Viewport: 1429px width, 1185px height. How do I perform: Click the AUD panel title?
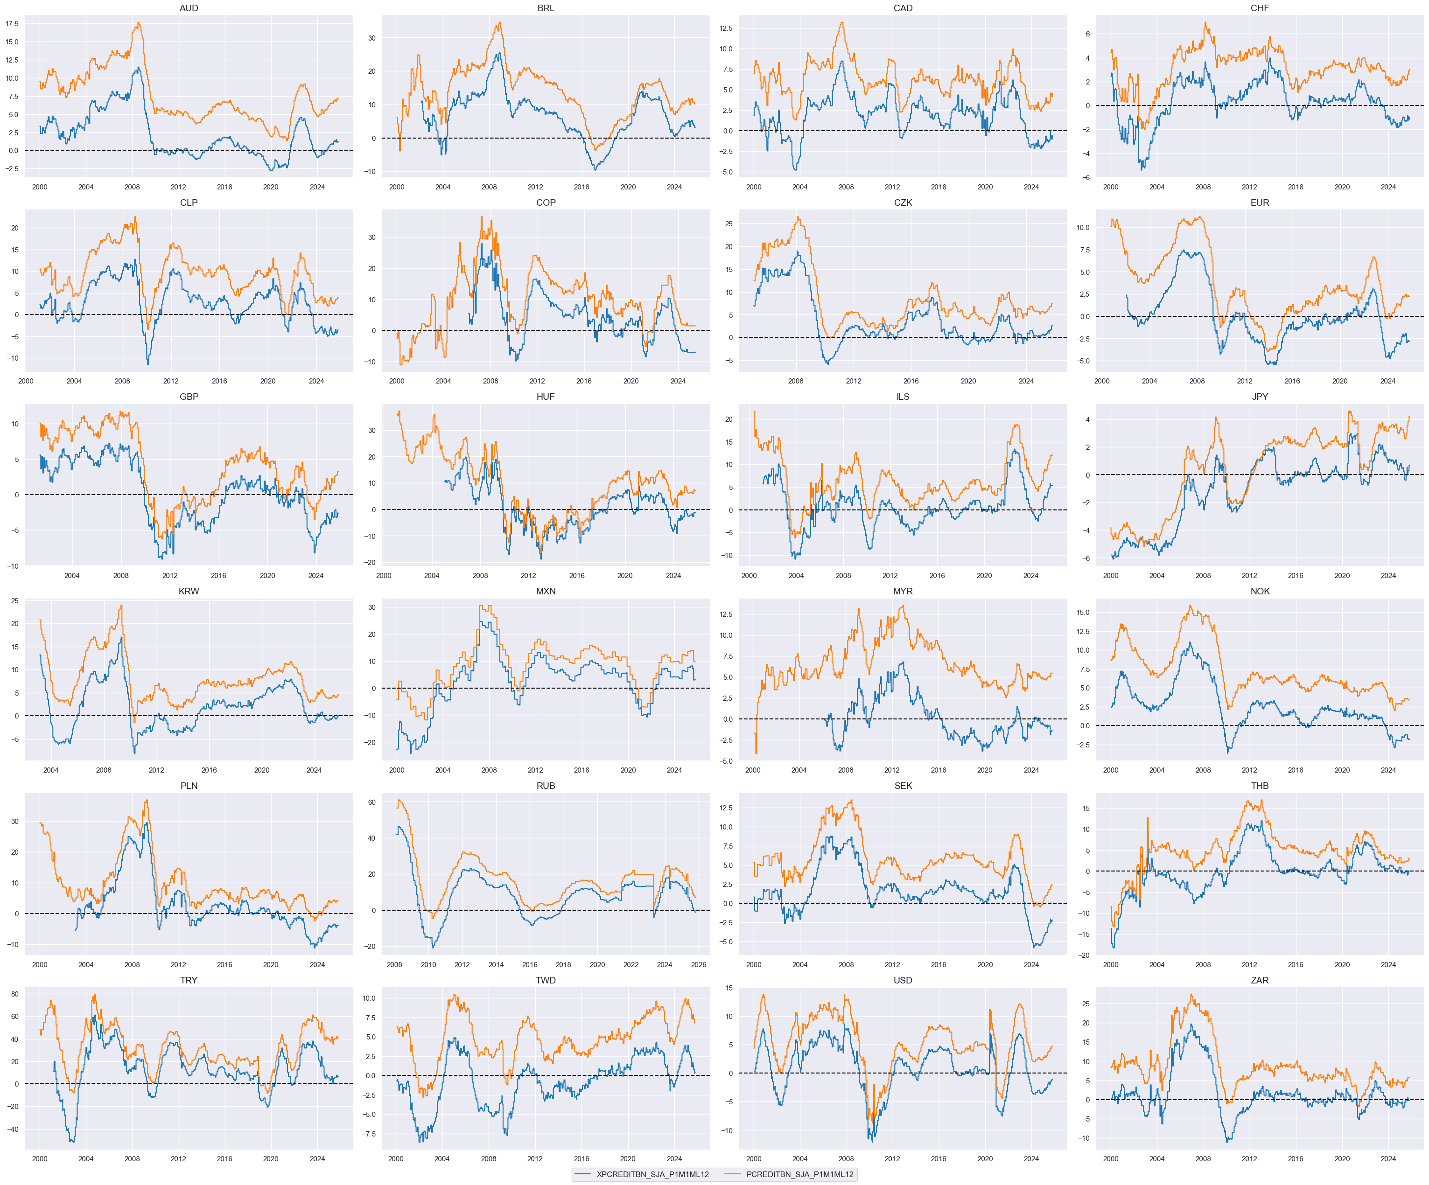189,8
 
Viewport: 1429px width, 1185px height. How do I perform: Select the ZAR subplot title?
1260,980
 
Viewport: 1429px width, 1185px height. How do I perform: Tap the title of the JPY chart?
1260,397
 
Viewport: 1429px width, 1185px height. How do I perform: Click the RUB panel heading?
546,786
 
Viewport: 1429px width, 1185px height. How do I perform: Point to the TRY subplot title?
189,980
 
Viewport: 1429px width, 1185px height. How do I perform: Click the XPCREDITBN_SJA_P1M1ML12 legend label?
652,1174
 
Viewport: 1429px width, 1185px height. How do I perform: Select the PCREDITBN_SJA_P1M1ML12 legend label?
799,1174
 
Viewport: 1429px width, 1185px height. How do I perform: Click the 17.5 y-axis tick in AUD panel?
12,24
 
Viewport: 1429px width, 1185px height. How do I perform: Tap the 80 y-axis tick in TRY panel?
14,994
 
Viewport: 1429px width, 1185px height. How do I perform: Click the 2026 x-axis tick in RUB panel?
698,965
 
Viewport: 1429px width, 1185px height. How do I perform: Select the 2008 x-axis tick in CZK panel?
796,381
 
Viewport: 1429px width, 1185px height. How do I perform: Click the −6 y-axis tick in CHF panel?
1087,178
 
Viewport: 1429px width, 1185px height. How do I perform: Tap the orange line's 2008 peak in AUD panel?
138,23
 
